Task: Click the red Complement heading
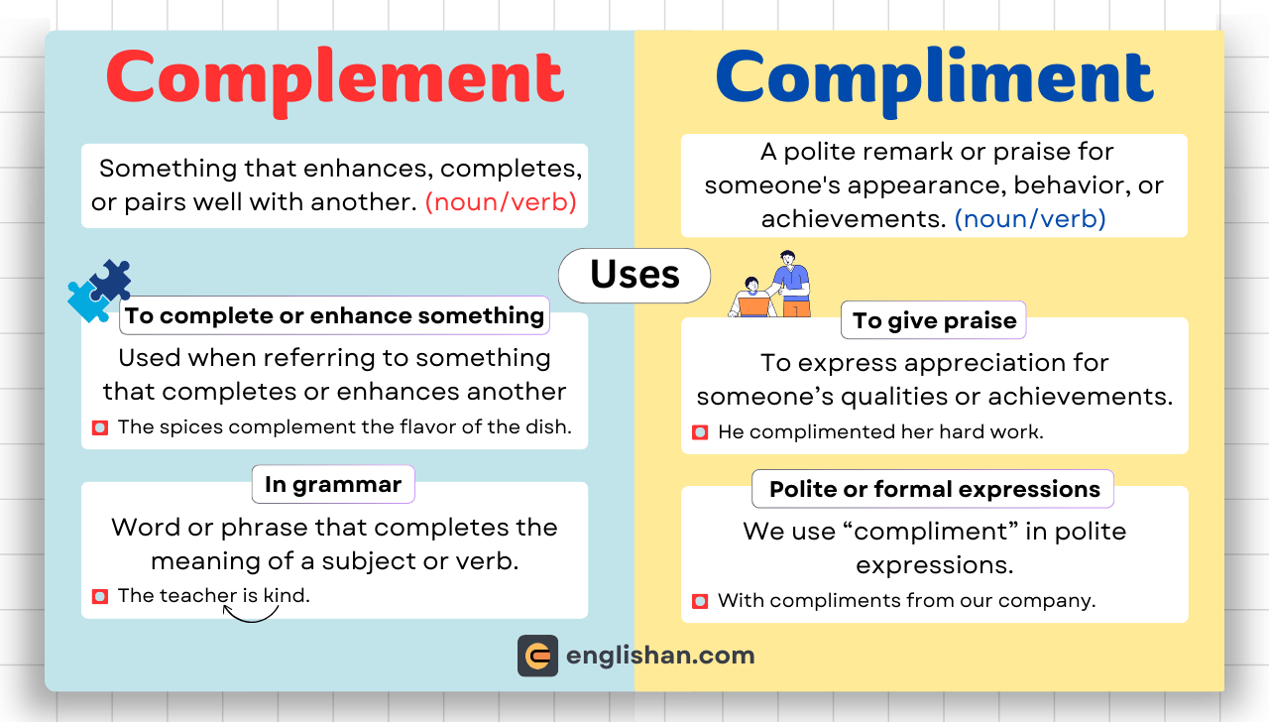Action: coord(335,78)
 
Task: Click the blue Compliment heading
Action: coord(934,78)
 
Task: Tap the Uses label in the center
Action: coord(634,275)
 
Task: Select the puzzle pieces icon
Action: coord(99,291)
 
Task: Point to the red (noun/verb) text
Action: coord(501,202)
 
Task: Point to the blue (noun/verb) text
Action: coord(1030,218)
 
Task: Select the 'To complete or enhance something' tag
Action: coord(335,315)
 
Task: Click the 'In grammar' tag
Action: coord(333,485)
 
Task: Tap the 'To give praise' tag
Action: coord(934,320)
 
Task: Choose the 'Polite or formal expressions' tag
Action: coord(934,489)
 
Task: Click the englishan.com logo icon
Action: coord(537,656)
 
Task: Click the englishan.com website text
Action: coord(660,656)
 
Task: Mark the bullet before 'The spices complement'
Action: coord(100,427)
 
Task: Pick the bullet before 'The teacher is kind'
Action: coord(100,596)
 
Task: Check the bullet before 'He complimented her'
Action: coord(700,432)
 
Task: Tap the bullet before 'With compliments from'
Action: coord(700,601)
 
